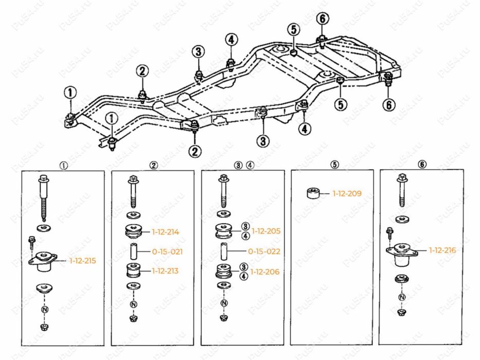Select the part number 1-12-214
165,232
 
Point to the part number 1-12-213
165,271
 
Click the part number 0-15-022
264,251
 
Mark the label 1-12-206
265,272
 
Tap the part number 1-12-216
442,250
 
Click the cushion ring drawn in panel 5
312,194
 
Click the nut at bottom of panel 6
401,313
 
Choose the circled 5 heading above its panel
334,165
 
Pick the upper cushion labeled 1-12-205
224,231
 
